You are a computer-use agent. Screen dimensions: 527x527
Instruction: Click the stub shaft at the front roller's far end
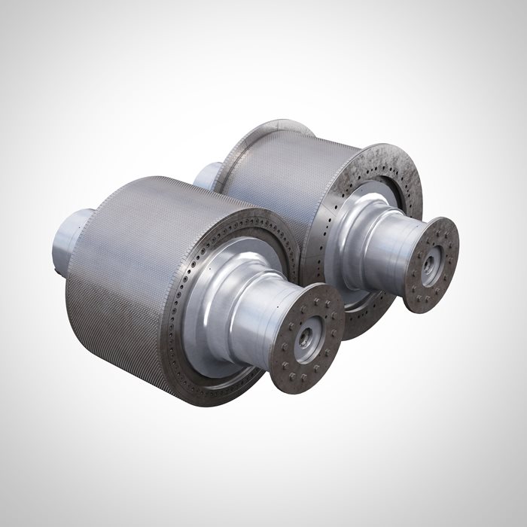coord(72,233)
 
